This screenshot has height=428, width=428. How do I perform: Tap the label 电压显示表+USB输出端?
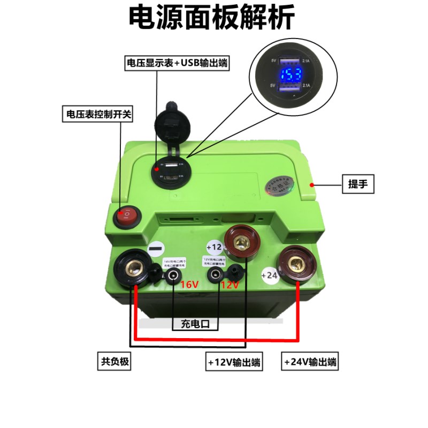[177, 63]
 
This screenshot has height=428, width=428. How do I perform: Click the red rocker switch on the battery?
[127, 216]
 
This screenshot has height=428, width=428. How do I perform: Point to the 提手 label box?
[358, 185]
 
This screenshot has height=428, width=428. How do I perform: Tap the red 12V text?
[230, 285]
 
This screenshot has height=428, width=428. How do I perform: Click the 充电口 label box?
[195, 324]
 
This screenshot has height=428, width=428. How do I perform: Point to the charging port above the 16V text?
[173, 276]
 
